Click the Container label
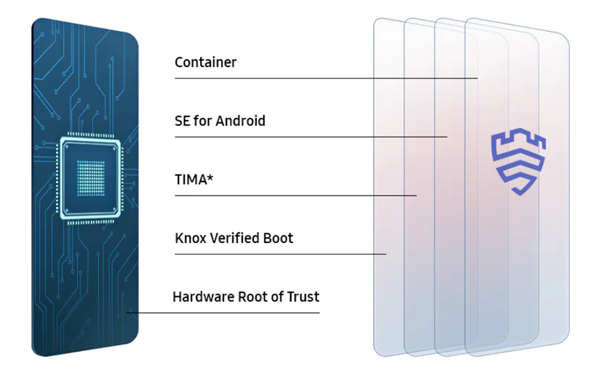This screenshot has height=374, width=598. [x=206, y=62]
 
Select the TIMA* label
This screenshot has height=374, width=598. [x=194, y=179]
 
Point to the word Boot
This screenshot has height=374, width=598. [x=279, y=238]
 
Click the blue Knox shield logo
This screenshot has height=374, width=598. [x=518, y=162]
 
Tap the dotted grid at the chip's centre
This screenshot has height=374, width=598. [x=91, y=178]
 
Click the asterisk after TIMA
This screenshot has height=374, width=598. [x=210, y=177]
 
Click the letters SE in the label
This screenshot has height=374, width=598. [x=183, y=121]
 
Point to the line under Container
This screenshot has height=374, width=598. [x=326, y=78]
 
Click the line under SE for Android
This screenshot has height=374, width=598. [x=311, y=136]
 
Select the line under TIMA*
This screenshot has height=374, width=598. [x=296, y=195]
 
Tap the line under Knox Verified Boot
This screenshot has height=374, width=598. [x=280, y=253]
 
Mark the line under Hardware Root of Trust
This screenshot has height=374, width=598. [x=223, y=313]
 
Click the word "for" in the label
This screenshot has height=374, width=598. [x=203, y=121]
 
